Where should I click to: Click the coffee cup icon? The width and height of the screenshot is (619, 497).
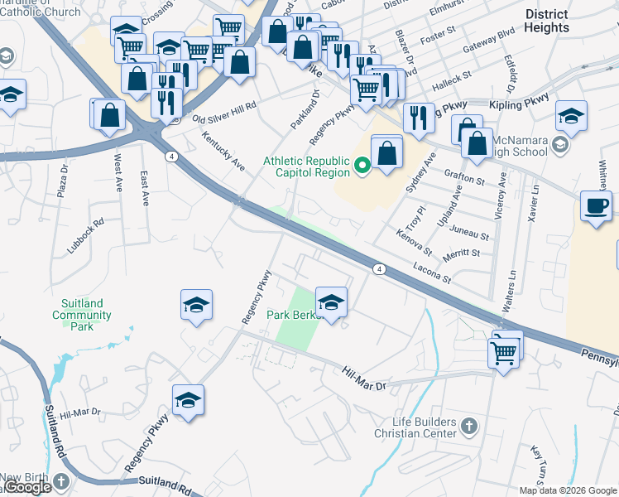pos(596,205)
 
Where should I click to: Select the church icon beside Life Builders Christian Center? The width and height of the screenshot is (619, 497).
pos(468,427)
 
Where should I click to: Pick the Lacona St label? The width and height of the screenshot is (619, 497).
pos(432,273)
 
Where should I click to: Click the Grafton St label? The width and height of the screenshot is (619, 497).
pos(464,177)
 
